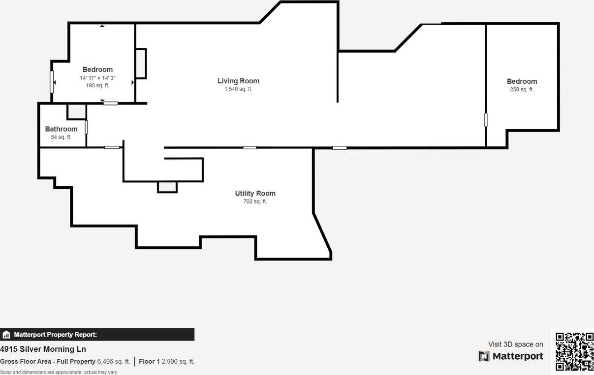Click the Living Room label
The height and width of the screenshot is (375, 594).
click(x=238, y=81)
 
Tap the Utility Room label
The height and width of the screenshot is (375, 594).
click(x=255, y=193)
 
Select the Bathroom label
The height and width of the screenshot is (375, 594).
click(x=61, y=129)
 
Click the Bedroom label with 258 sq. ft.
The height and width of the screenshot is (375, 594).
click(x=522, y=81)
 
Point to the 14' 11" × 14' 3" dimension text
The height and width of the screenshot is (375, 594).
click(x=97, y=78)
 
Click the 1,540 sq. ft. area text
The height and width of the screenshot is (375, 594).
click(x=238, y=89)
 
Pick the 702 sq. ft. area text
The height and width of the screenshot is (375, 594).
click(x=255, y=202)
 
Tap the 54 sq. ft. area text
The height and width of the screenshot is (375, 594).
click(x=61, y=137)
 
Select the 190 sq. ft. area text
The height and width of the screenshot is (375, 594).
click(x=97, y=85)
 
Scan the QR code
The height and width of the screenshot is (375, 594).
click(x=574, y=351)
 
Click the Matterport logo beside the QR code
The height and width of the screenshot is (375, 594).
click(x=511, y=356)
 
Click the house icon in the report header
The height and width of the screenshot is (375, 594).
click(x=6, y=335)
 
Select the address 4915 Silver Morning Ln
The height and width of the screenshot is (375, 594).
click(x=43, y=349)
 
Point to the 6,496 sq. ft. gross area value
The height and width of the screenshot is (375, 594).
click(x=114, y=361)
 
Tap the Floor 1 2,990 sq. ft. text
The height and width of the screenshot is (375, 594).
click(x=166, y=361)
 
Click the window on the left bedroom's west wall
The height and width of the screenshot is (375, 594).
click(x=52, y=82)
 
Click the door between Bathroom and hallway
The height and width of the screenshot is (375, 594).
click(x=87, y=127)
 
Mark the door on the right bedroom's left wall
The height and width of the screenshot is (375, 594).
click(x=486, y=120)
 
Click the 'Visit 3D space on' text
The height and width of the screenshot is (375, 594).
click(x=515, y=344)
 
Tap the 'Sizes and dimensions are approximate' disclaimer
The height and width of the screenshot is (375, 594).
click(x=59, y=372)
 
